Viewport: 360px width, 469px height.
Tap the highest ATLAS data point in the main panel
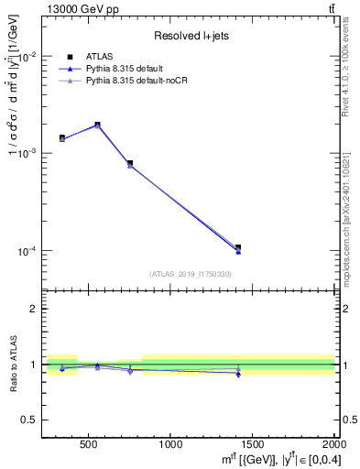[x=97, y=125]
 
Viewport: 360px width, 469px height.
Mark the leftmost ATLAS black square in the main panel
[x=62, y=137]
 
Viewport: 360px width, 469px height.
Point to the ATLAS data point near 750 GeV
[x=130, y=163]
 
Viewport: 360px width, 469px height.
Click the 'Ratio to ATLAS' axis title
[x=12, y=365]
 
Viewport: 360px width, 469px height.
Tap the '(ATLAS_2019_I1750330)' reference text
[x=190, y=274]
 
